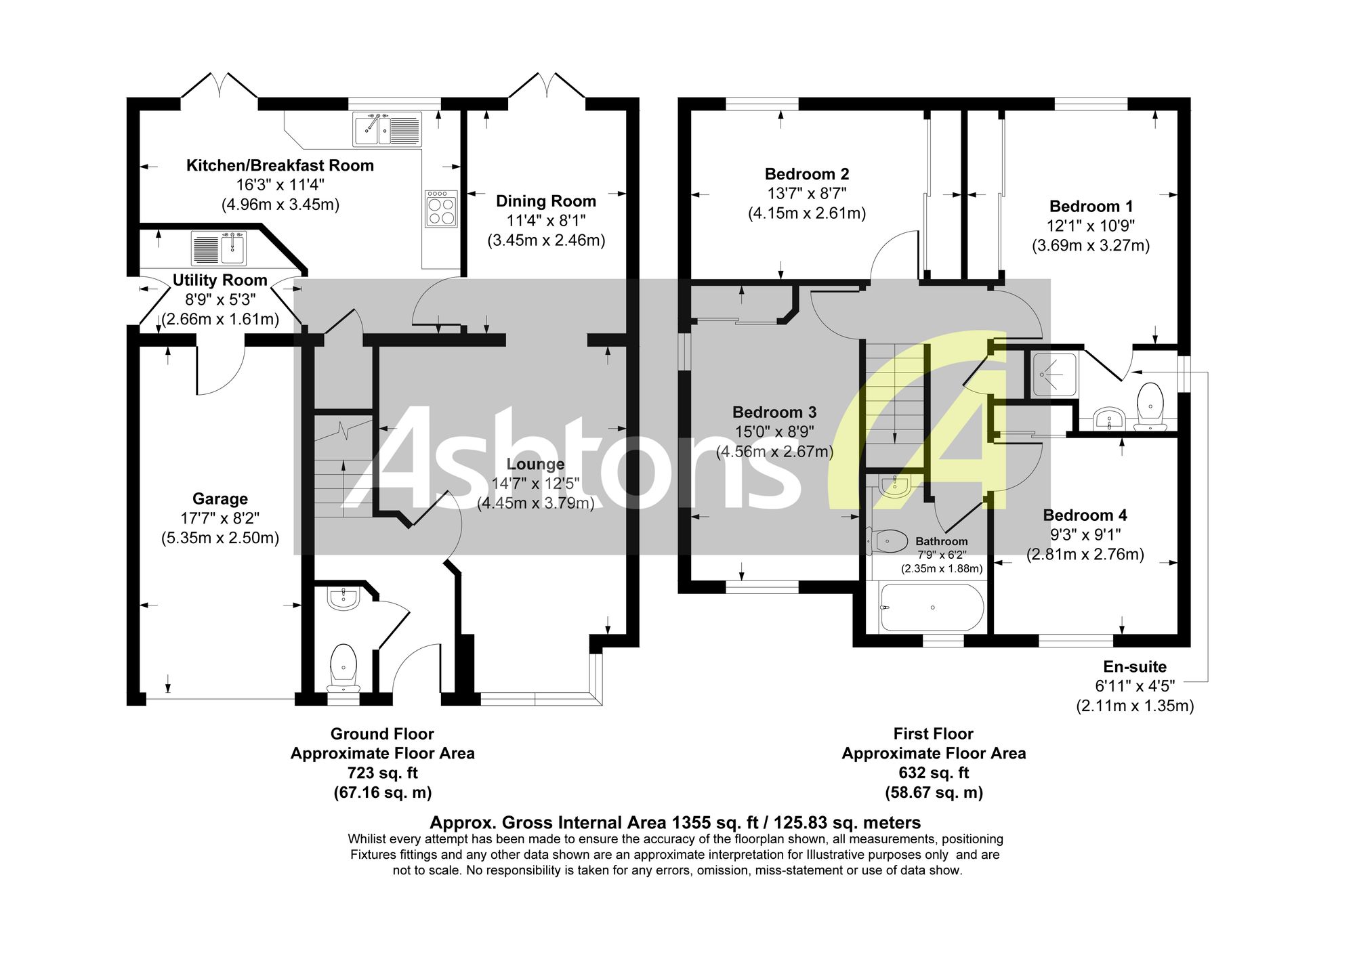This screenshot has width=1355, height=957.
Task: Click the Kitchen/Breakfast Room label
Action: (x=280, y=165)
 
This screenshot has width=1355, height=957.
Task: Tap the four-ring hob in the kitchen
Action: (x=441, y=208)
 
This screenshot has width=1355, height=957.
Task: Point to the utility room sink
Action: (x=220, y=248)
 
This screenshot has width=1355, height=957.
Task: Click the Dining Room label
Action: (x=546, y=201)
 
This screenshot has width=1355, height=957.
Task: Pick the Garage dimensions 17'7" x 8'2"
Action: (x=220, y=518)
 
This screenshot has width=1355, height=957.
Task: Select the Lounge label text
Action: (x=535, y=465)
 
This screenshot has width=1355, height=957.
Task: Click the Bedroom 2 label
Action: (x=807, y=174)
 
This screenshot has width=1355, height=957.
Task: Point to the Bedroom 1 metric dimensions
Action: (x=1091, y=245)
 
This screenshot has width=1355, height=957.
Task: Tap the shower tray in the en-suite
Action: (x=1054, y=375)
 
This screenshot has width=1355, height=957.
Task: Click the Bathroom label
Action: (x=942, y=542)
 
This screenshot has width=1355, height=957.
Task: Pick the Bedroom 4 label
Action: (x=1085, y=515)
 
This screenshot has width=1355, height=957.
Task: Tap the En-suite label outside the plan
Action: (x=1135, y=666)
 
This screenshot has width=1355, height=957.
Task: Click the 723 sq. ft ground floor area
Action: (x=383, y=773)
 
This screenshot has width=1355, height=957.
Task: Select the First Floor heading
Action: (x=934, y=733)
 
